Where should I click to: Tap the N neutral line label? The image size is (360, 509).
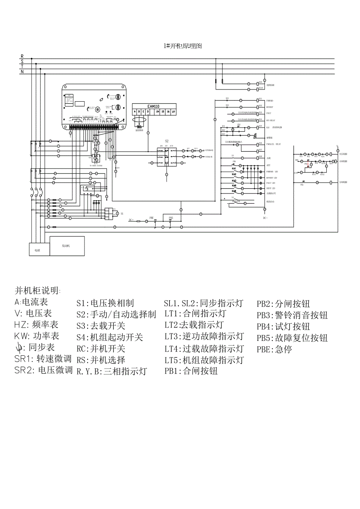(22, 72)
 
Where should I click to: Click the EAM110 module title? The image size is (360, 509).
(153, 106)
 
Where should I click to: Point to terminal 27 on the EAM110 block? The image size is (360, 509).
(173, 112)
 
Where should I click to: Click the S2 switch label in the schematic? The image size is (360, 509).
(167, 141)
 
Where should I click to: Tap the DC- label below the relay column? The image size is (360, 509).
(265, 218)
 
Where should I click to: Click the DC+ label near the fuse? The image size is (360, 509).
(131, 220)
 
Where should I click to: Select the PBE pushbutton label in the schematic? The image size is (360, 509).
(152, 217)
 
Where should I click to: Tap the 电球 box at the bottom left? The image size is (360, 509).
(37, 250)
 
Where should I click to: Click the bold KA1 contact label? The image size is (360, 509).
(234, 168)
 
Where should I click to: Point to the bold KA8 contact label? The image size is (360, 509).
(234, 190)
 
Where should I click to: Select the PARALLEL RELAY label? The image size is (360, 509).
(274, 144)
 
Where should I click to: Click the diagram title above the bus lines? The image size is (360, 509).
(182, 46)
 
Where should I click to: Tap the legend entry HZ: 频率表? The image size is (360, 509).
(36, 324)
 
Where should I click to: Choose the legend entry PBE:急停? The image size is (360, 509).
(274, 349)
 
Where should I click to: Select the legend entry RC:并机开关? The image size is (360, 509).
(101, 348)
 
